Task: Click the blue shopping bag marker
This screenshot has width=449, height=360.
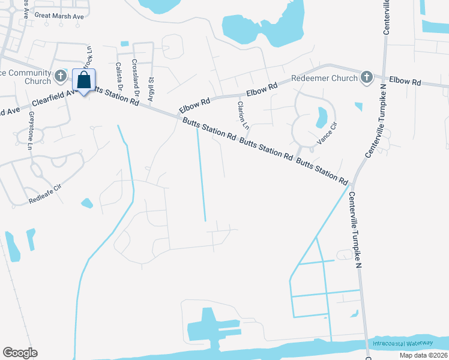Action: point(83,80)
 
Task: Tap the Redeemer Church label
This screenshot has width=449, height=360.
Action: point(324,78)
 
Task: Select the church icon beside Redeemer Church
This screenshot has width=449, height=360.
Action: point(366,77)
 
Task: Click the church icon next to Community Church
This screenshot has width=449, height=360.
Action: point(60,76)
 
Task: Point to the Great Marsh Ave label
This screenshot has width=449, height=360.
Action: point(59,16)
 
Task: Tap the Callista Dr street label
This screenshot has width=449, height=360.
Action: point(119,76)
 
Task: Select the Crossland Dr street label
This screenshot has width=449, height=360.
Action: point(136,78)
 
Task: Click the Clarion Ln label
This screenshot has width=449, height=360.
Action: point(243,115)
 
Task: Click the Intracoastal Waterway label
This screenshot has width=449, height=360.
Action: point(402,343)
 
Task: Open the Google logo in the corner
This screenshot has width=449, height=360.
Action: point(20,353)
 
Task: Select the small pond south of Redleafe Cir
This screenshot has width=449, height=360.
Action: point(87,203)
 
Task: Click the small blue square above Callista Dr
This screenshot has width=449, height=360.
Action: point(124,43)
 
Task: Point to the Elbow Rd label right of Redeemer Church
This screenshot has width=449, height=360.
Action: point(405,80)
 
